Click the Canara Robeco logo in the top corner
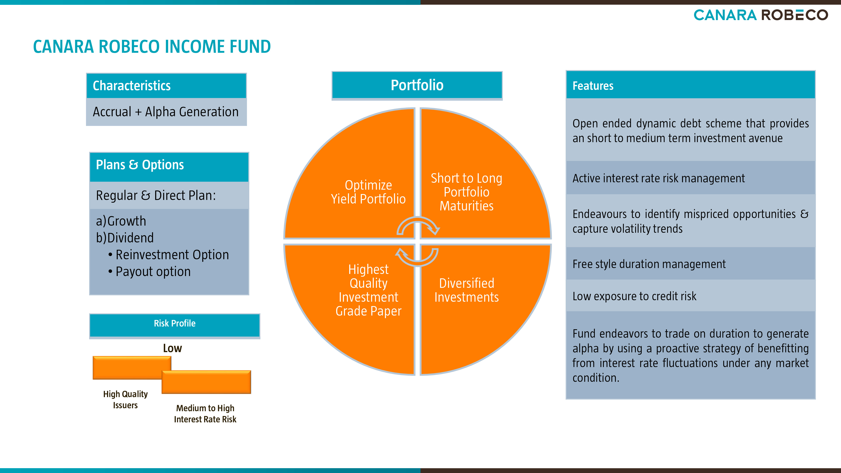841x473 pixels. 761,15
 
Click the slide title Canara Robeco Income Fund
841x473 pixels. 152,46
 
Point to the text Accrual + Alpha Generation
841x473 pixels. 165,112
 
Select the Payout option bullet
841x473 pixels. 149,272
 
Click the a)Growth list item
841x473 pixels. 121,221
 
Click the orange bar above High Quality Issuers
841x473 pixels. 132,367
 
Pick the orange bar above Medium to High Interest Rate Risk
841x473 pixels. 206,382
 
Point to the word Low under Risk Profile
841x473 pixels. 172,348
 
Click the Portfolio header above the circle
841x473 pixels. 417,85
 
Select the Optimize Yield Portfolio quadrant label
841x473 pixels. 368,192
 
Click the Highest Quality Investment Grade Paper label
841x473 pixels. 369,290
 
